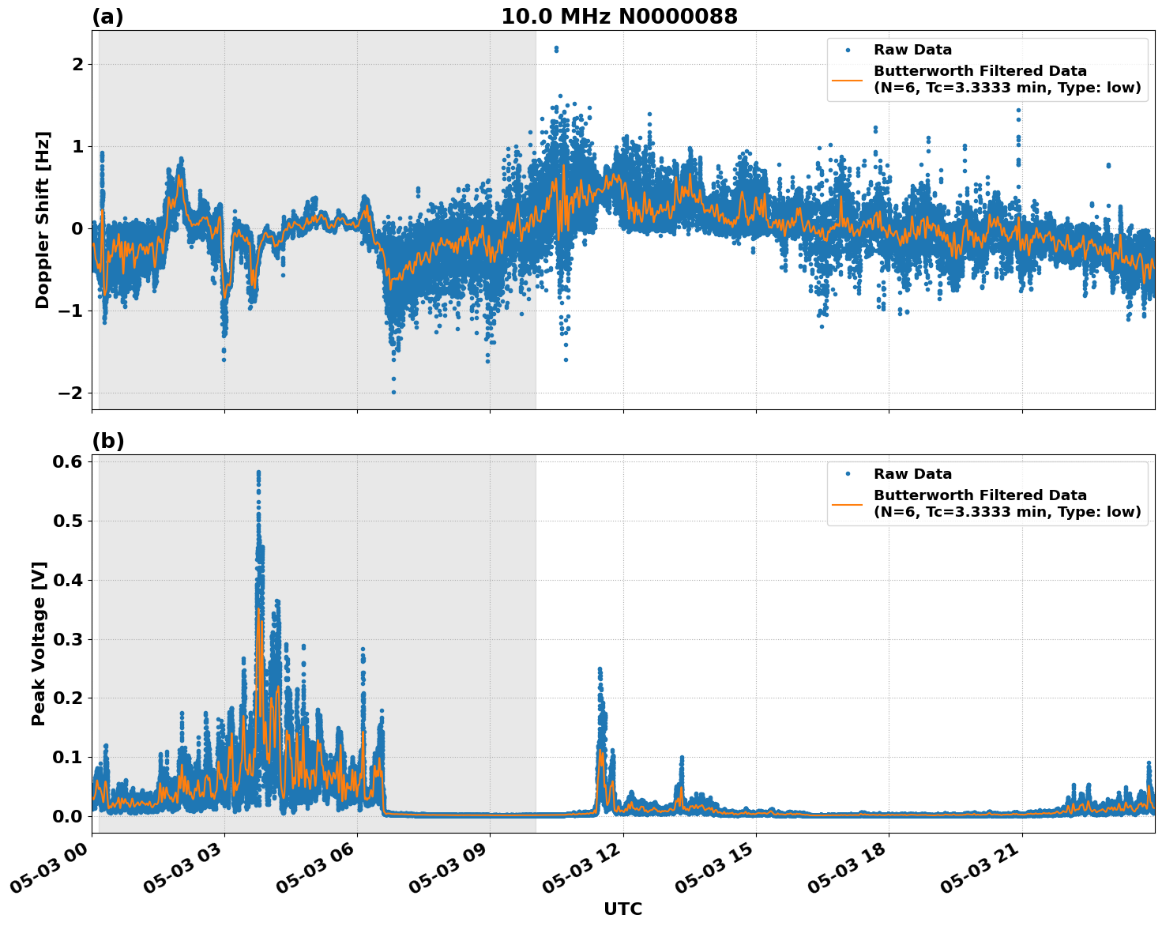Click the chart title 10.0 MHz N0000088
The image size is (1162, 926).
click(x=619, y=17)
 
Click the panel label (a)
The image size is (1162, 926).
click(x=107, y=17)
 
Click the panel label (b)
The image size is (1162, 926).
click(x=107, y=441)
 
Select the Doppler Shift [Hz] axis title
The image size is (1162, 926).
click(x=43, y=220)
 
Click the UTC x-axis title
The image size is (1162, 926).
click(x=622, y=909)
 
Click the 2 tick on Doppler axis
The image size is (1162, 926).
click(x=77, y=64)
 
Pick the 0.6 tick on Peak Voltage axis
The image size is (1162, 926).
click(x=69, y=461)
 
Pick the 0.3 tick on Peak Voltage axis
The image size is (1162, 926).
click(x=69, y=638)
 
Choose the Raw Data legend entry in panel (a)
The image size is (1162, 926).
click(x=912, y=50)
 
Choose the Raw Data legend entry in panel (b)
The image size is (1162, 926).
click(x=912, y=474)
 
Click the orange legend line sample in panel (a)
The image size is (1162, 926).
click(x=847, y=80)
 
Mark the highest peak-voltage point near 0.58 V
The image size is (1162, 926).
click(x=258, y=472)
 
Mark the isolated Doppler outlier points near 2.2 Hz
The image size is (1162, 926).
click(x=556, y=49)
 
